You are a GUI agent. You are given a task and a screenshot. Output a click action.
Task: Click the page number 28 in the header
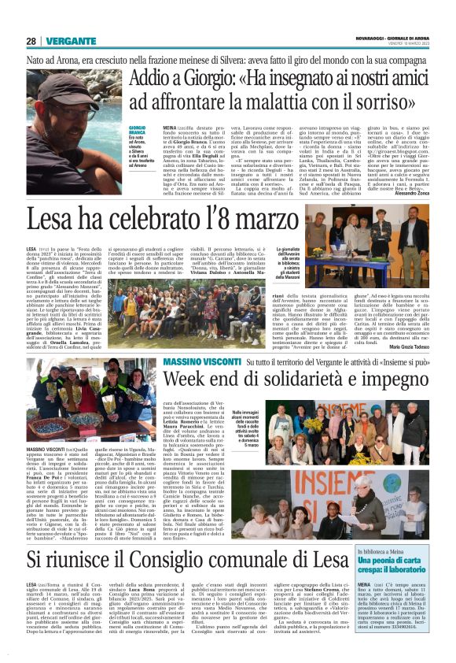tap(31, 42)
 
